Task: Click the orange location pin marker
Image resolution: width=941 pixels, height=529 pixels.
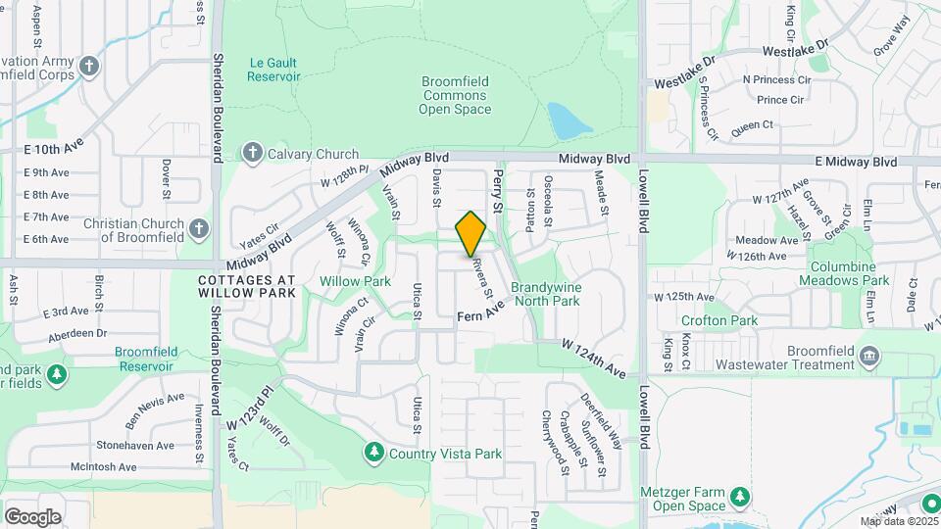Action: click(471, 233)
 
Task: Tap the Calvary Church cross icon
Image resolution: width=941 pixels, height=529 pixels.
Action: click(253, 153)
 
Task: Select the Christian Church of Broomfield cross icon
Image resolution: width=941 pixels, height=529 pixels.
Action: click(199, 229)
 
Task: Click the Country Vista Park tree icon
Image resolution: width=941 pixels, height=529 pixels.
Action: click(373, 453)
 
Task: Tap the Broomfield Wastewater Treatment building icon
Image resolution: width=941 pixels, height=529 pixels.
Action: click(868, 355)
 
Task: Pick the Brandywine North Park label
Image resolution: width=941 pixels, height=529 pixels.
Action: click(545, 294)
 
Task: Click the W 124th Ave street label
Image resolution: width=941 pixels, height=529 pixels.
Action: click(593, 359)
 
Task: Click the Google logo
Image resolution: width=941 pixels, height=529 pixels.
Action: click(32, 517)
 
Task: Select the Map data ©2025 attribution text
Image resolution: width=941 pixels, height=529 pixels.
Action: click(899, 521)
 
